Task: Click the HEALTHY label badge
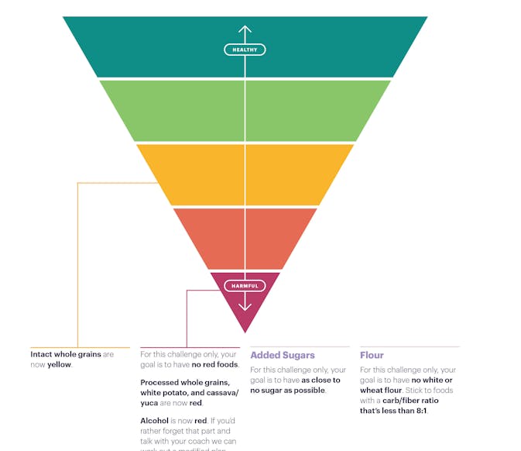click(x=245, y=50)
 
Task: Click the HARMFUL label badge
click(x=245, y=286)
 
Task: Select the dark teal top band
click(x=155, y=46)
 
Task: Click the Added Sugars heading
click(x=282, y=356)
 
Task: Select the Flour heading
click(x=372, y=356)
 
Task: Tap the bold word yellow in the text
click(x=59, y=364)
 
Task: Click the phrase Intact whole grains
click(x=66, y=354)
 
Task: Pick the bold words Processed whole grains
click(x=184, y=383)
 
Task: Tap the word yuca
click(x=150, y=403)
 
